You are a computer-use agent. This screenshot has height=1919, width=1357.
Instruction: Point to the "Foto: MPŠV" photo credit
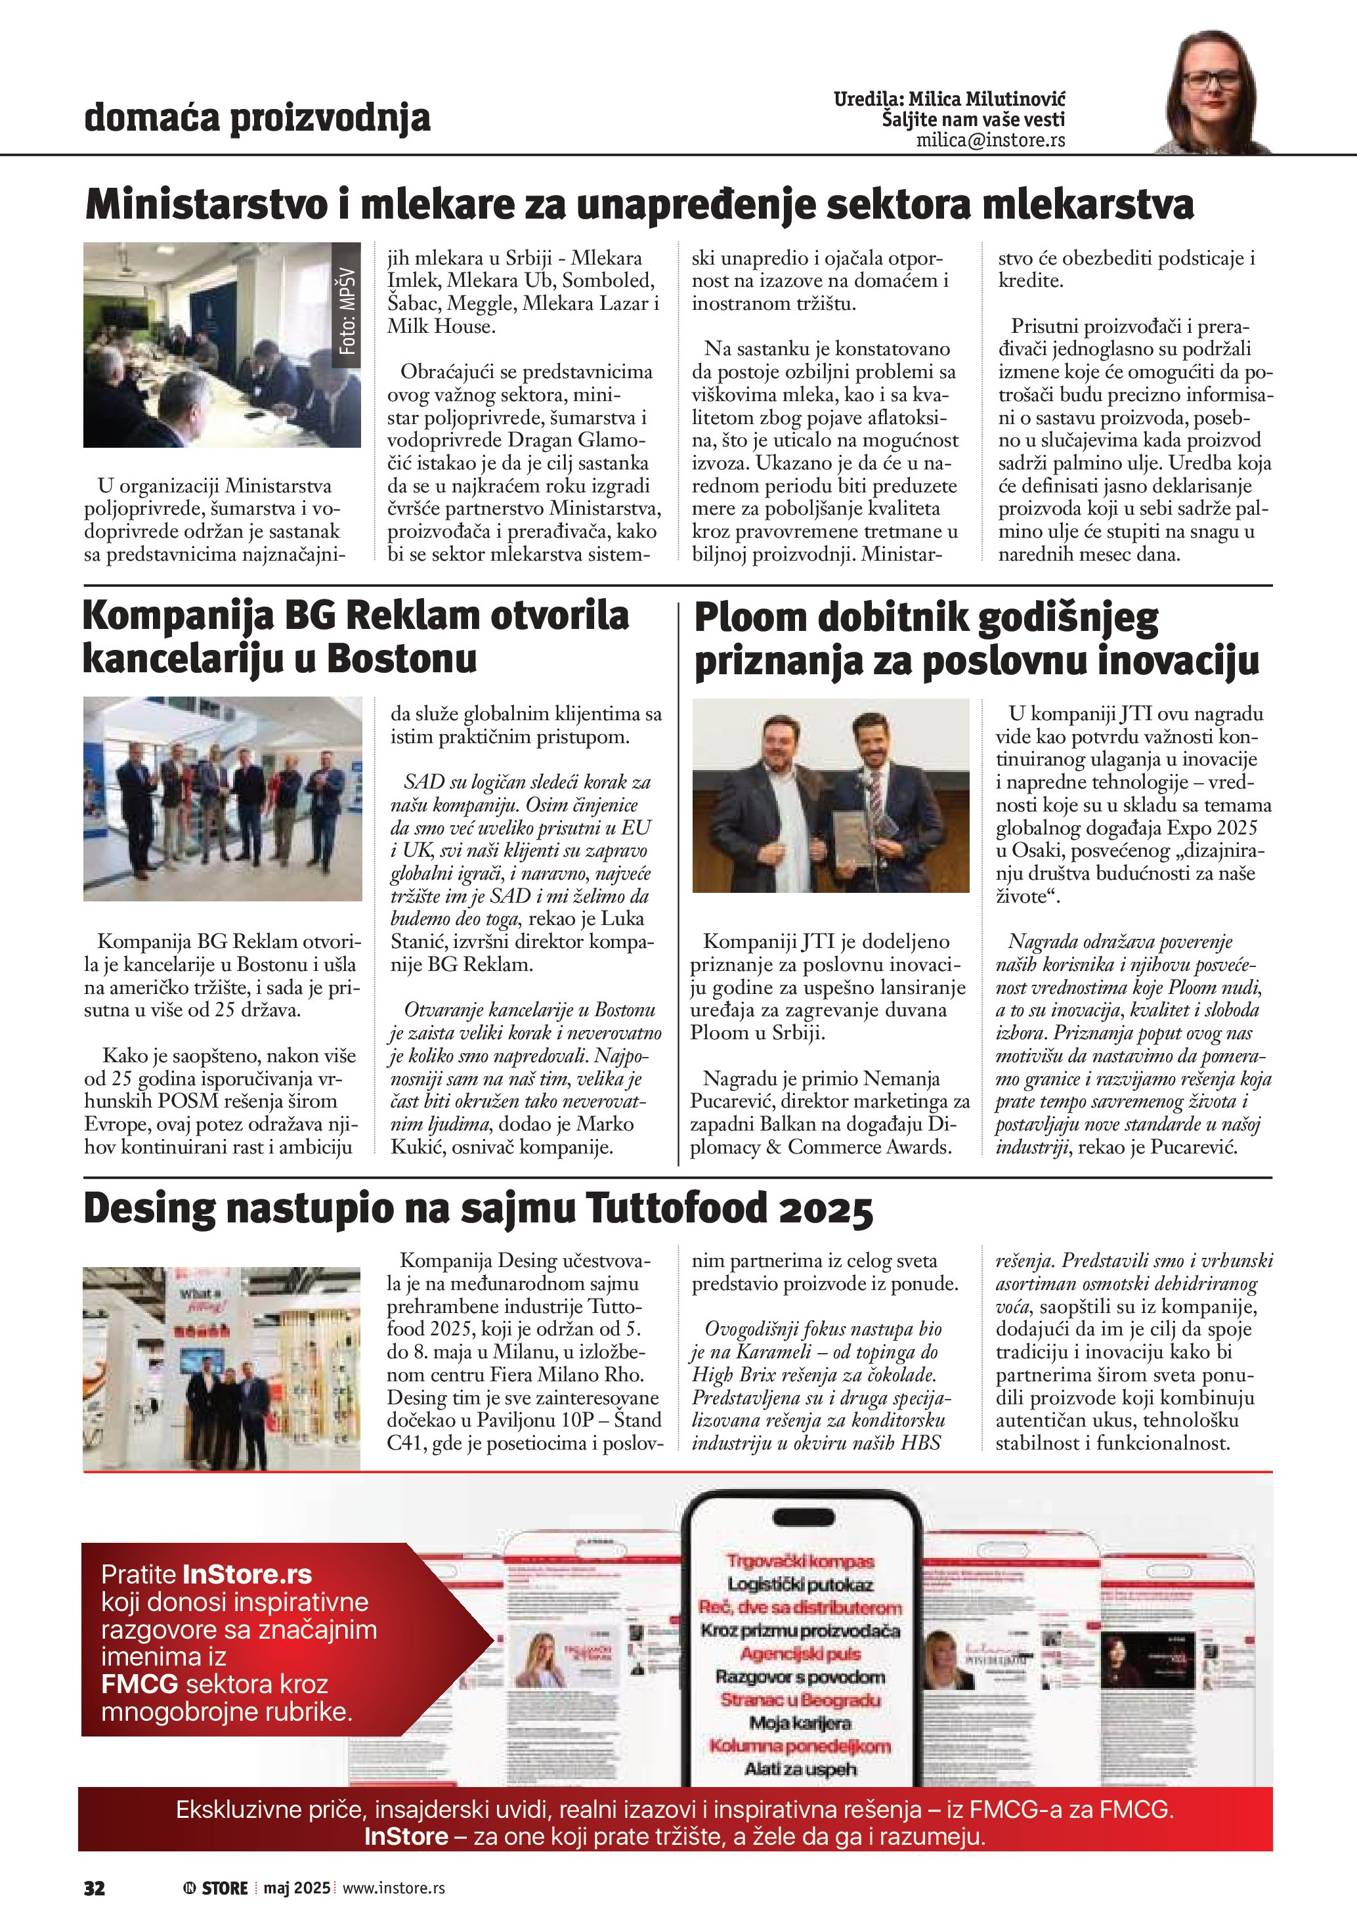(347, 311)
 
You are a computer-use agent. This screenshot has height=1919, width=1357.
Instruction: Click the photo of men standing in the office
(223, 798)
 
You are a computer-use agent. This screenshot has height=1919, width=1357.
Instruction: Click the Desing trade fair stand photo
(221, 1368)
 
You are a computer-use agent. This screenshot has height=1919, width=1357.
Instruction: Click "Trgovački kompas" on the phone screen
(800, 1561)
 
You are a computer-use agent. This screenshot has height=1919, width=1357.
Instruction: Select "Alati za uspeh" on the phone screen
(800, 1769)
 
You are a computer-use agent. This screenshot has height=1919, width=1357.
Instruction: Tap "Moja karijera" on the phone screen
(800, 1723)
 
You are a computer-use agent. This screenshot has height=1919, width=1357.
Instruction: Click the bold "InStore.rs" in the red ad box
(246, 1574)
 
